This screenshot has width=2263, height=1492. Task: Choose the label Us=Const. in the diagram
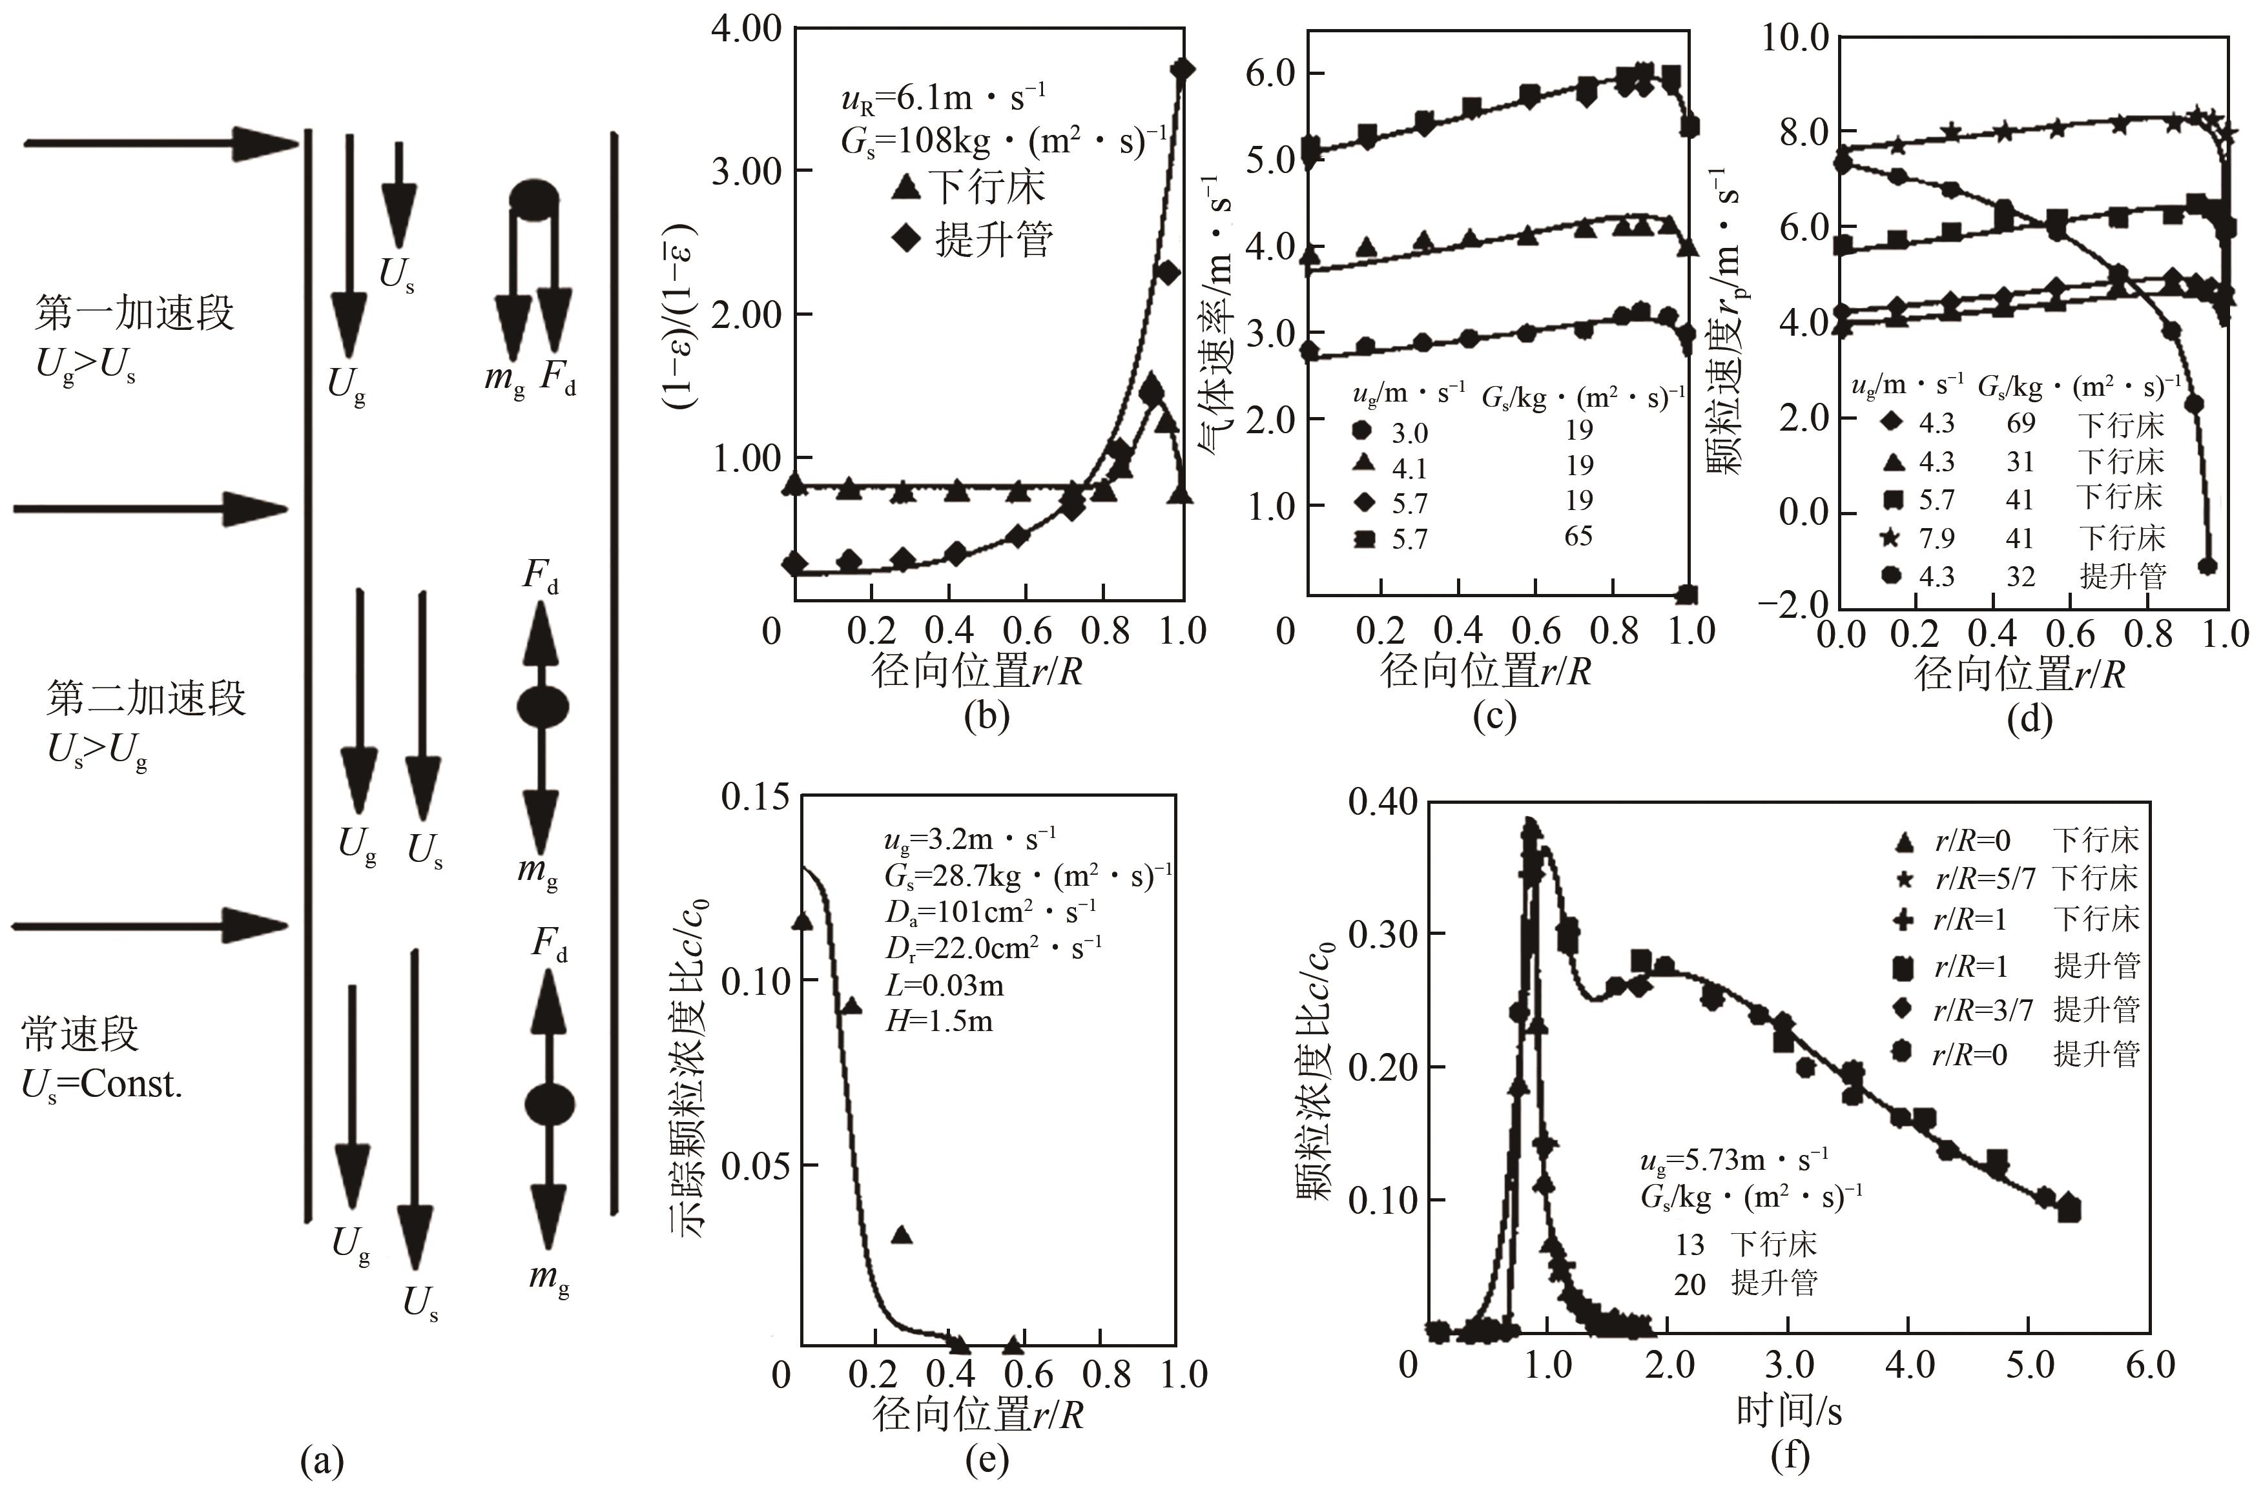[x=102, y=1084]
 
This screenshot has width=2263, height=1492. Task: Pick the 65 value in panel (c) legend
[x=1578, y=537]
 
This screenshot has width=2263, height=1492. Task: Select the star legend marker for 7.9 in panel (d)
[x=1892, y=538]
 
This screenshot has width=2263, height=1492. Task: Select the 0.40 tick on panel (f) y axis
[x=1382, y=802]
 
